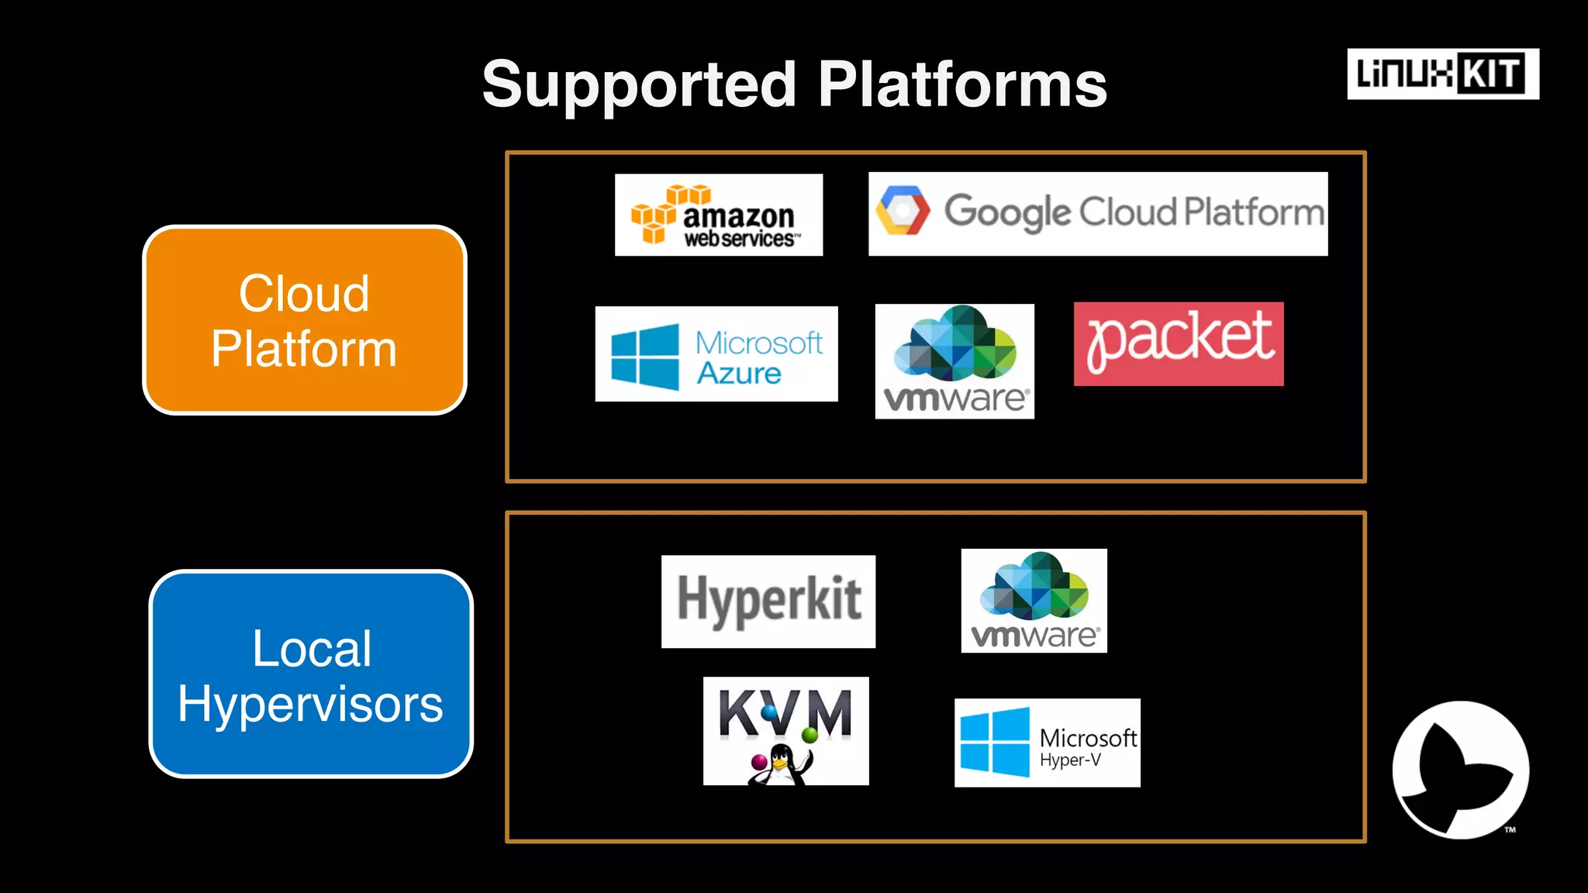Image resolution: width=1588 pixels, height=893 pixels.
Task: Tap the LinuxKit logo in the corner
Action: [x=1442, y=74]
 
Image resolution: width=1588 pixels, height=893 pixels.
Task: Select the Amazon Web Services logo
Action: [x=719, y=215]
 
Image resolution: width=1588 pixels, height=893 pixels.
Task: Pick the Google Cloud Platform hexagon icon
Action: [x=902, y=211]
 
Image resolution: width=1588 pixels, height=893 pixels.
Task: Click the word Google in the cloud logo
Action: [x=1006, y=212]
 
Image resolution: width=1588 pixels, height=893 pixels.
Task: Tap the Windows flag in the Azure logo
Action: [x=644, y=357]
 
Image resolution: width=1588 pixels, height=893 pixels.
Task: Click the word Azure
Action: [x=738, y=374]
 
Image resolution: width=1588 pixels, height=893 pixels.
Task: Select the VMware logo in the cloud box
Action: [x=955, y=361]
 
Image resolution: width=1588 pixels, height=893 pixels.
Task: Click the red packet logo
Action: [x=1179, y=343]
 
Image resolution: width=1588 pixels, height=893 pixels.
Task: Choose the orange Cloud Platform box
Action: [x=305, y=320]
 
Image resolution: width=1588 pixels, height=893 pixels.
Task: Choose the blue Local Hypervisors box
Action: [x=311, y=674]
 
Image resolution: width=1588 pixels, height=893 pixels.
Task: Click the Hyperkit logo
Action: [x=768, y=601]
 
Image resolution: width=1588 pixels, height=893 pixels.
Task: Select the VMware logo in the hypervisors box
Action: [x=1034, y=601]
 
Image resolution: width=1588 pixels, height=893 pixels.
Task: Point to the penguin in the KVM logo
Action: [x=780, y=765]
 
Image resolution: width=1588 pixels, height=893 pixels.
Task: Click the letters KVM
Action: [x=785, y=712]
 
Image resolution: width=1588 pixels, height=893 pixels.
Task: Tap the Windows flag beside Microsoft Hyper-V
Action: [x=995, y=742]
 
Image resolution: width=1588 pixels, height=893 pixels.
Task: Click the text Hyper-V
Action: [x=1070, y=760]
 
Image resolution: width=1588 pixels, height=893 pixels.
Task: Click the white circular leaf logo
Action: [x=1460, y=770]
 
